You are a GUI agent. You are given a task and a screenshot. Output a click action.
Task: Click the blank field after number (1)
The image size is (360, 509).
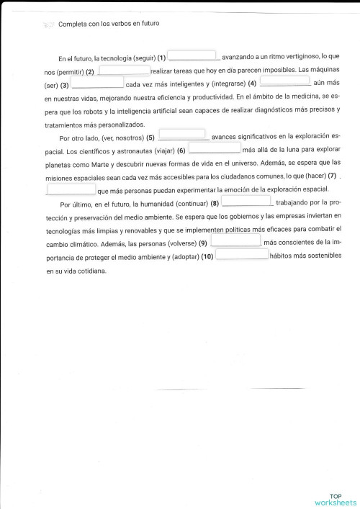[193, 55]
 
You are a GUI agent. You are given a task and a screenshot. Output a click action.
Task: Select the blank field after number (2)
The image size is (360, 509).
[124, 71]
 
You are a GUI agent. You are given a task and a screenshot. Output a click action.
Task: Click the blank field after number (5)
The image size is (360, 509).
[183, 135]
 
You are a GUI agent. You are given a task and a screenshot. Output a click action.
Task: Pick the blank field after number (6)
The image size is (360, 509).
[215, 148]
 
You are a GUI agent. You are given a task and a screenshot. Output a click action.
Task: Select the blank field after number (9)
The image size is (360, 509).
[235, 240]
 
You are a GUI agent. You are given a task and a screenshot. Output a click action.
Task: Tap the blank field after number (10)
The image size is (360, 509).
[242, 254]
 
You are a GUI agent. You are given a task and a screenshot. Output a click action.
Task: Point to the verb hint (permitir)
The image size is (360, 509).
[65, 73]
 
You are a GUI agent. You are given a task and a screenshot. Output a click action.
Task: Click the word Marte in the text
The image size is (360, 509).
[99, 164]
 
